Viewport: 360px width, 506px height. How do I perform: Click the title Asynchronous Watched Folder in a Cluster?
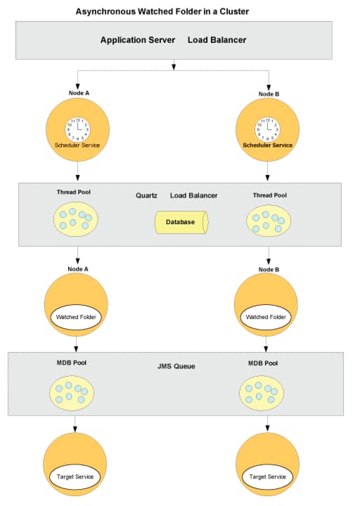pyautogui.click(x=162, y=12)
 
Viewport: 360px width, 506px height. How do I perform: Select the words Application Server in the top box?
pyautogui.click(x=138, y=40)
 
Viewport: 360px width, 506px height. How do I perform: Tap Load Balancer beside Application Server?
pyautogui.click(x=217, y=40)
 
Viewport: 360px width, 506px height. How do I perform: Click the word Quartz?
pyautogui.click(x=146, y=195)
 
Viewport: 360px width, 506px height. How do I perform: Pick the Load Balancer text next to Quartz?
pyautogui.click(x=194, y=195)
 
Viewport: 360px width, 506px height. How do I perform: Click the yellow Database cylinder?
pyautogui.click(x=181, y=222)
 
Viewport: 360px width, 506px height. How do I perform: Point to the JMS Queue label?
pyautogui.click(x=176, y=366)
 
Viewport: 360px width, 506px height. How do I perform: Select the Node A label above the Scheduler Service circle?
pyautogui.click(x=79, y=93)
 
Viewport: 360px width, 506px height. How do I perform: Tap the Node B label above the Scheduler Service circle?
pyautogui.click(x=269, y=94)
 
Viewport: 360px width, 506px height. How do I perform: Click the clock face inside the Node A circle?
pyautogui.click(x=78, y=129)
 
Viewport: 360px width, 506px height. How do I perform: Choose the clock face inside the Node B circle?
pyautogui.click(x=268, y=129)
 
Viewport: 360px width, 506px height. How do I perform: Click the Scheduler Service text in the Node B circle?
pyautogui.click(x=268, y=145)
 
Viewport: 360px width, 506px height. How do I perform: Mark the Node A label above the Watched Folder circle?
pyautogui.click(x=78, y=269)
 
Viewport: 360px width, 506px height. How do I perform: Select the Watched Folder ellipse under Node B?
pyautogui.click(x=266, y=317)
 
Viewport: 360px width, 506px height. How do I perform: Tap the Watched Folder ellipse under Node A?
pyautogui.click(x=76, y=317)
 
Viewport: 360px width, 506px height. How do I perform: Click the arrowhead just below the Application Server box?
pyautogui.click(x=174, y=67)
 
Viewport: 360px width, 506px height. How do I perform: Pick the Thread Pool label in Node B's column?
pyautogui.click(x=269, y=195)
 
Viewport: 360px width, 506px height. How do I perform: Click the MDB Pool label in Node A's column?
pyautogui.click(x=71, y=363)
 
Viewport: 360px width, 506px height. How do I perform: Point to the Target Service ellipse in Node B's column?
pyautogui.click(x=268, y=476)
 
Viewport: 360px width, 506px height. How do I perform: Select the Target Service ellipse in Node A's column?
pyautogui.click(x=75, y=476)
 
